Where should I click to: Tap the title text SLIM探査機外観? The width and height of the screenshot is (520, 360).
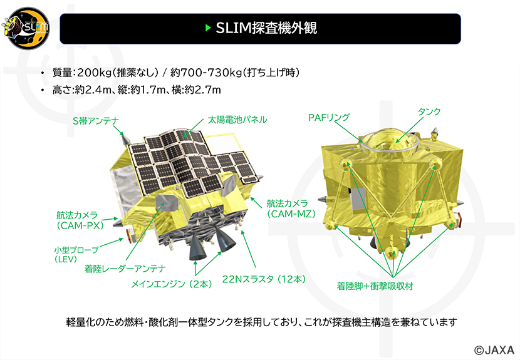pos(263,28)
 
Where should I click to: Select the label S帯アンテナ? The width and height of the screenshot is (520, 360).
pos(95,121)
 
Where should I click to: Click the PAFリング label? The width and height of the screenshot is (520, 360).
pos(329,117)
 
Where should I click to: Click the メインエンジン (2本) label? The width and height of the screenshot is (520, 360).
pos(171,284)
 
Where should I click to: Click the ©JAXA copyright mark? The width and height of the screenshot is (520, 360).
pos(494,349)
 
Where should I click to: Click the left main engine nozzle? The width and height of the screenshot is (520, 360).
pos(197,249)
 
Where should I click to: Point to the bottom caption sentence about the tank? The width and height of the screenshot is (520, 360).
pos(262,322)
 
